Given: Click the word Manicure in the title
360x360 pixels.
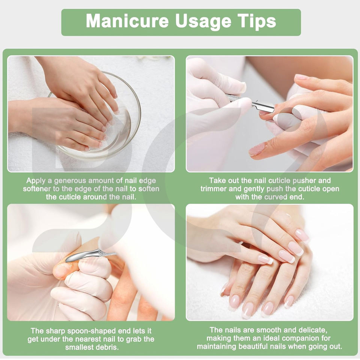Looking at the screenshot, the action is [x=127, y=21].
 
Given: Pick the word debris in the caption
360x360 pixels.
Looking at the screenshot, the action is [x=107, y=347].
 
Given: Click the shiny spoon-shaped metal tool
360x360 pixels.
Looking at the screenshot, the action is [x=91, y=255].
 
